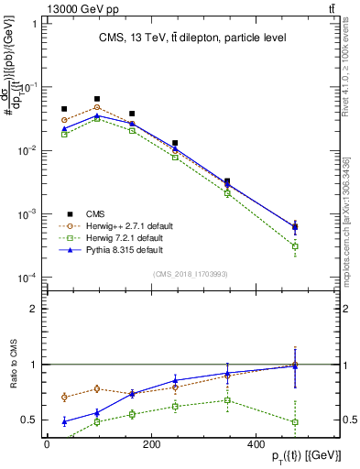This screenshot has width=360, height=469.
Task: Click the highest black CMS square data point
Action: pos(97,99)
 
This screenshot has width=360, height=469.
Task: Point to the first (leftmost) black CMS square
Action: pos(64,109)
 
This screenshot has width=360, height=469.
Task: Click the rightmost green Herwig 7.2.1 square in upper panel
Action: pos(294,246)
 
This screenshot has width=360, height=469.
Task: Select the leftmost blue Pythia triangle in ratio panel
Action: pos(64,421)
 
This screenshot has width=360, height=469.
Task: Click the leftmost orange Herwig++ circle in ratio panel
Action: pos(64,397)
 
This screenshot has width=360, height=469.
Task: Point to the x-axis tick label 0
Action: pos(47,444)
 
